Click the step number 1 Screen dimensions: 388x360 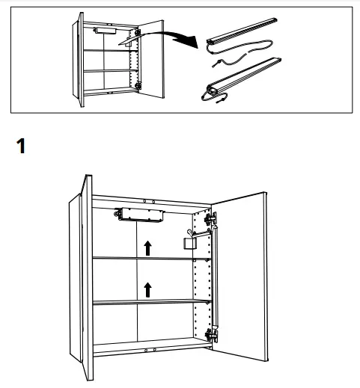pyautogui.click(x=22, y=147)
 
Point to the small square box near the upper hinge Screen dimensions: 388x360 pyautogui.click(x=189, y=244)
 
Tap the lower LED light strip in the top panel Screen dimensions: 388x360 pyautogui.click(x=243, y=77)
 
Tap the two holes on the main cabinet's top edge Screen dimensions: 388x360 pyautogui.click(x=149, y=201)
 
